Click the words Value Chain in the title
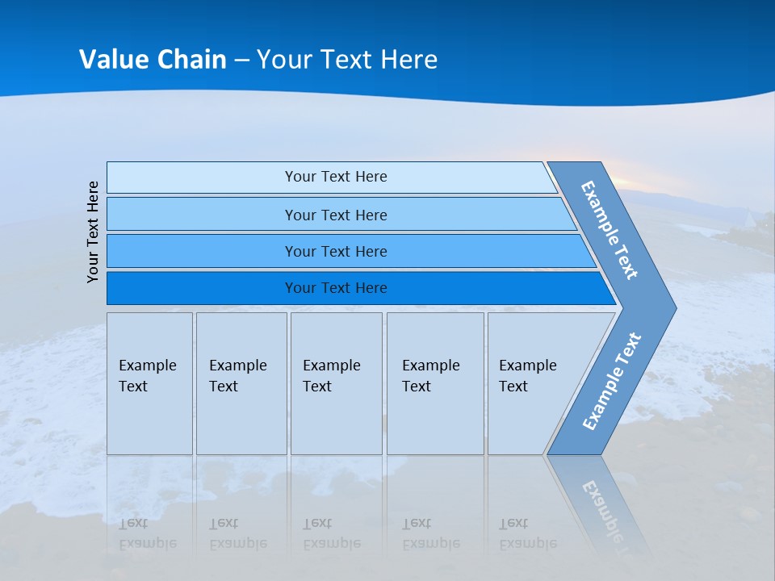coord(153,60)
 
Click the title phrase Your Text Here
coord(347,60)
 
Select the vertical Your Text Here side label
coord(93,232)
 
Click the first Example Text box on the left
coord(149,383)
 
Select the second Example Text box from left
coord(241,383)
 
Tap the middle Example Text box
coord(336,383)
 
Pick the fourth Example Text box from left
coord(434,383)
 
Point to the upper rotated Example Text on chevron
coord(610,230)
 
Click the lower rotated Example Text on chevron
coord(612,382)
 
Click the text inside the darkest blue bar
coord(336,288)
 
